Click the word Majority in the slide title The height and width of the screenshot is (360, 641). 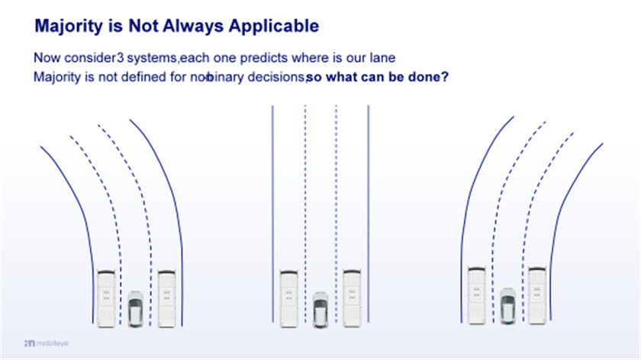pyautogui.click(x=69, y=27)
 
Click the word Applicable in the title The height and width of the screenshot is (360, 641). pyautogui.click(x=273, y=26)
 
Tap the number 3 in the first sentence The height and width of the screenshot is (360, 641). pyautogui.click(x=120, y=58)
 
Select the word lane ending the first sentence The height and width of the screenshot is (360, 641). pyautogui.click(x=382, y=58)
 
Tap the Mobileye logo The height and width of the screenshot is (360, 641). pyautogui.click(x=47, y=343)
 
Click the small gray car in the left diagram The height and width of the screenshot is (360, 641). pyautogui.click(x=135, y=309)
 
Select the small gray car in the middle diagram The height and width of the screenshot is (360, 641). pyautogui.click(x=320, y=310)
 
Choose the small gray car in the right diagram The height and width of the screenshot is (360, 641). pyautogui.click(x=507, y=306)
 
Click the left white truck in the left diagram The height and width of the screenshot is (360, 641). pyautogui.click(x=106, y=299)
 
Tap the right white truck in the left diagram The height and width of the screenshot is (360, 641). pyautogui.click(x=167, y=299)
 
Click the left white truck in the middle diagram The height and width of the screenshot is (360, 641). pyautogui.click(x=288, y=299)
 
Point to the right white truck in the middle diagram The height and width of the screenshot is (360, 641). pyautogui.click(x=352, y=299)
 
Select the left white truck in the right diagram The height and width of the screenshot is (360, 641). pyautogui.click(x=477, y=295)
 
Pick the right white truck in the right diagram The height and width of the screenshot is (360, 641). pyautogui.click(x=537, y=295)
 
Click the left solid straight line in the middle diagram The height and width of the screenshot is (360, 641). pyautogui.click(x=272, y=214)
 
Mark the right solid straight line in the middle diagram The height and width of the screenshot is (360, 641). pyautogui.click(x=369, y=214)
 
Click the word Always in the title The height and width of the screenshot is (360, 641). pyautogui.click(x=193, y=27)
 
